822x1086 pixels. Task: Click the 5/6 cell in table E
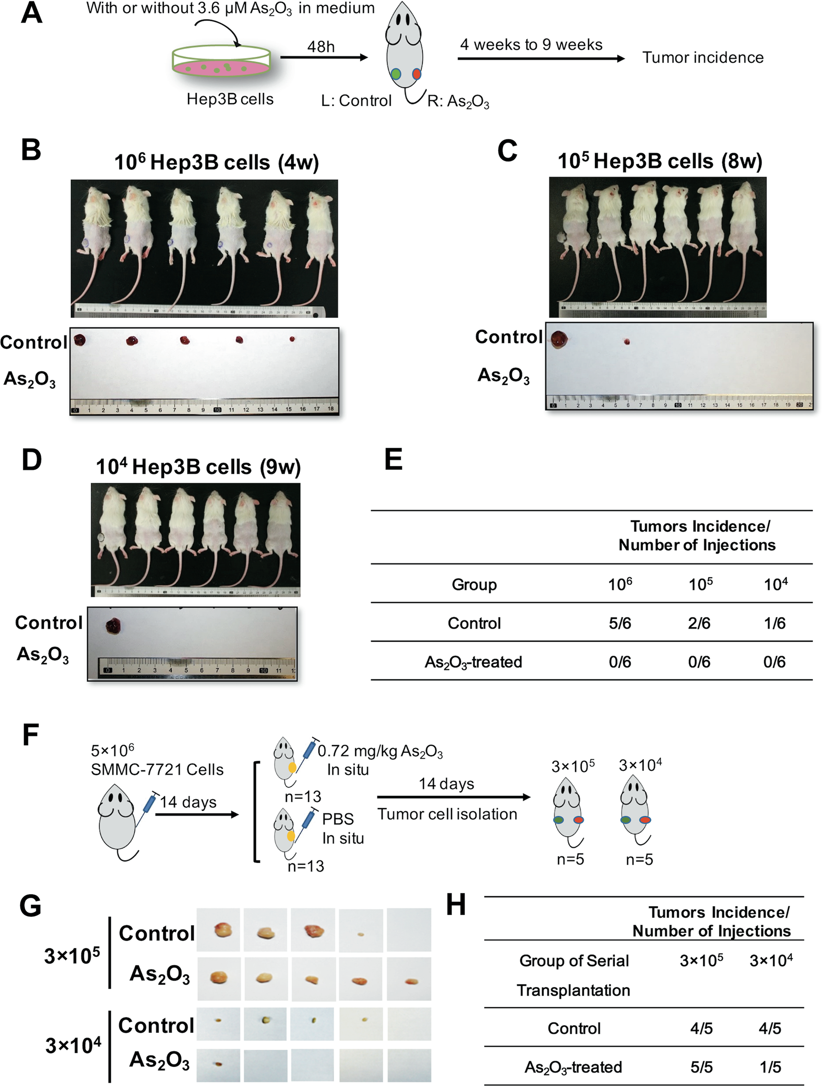(x=620, y=623)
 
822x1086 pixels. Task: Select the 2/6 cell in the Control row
(x=699, y=623)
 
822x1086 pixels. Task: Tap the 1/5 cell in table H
(x=770, y=1067)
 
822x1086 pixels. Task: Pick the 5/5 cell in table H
(x=701, y=1067)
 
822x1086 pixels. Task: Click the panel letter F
(x=30, y=735)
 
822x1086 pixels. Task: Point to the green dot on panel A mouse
(x=396, y=75)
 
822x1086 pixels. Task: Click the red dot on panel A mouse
(x=416, y=74)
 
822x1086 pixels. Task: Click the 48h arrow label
(x=321, y=47)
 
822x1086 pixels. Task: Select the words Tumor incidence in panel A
(x=703, y=58)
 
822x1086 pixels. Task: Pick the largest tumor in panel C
(x=559, y=339)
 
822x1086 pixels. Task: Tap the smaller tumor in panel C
(x=626, y=342)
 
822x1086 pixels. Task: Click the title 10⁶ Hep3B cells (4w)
(x=216, y=163)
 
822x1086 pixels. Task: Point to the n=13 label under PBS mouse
(x=306, y=866)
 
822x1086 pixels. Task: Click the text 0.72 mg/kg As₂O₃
(x=380, y=752)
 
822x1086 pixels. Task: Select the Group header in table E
(x=474, y=585)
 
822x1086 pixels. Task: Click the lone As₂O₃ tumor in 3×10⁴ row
(x=218, y=1064)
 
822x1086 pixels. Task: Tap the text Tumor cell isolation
(x=447, y=814)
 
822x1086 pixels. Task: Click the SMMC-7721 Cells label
(x=157, y=769)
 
